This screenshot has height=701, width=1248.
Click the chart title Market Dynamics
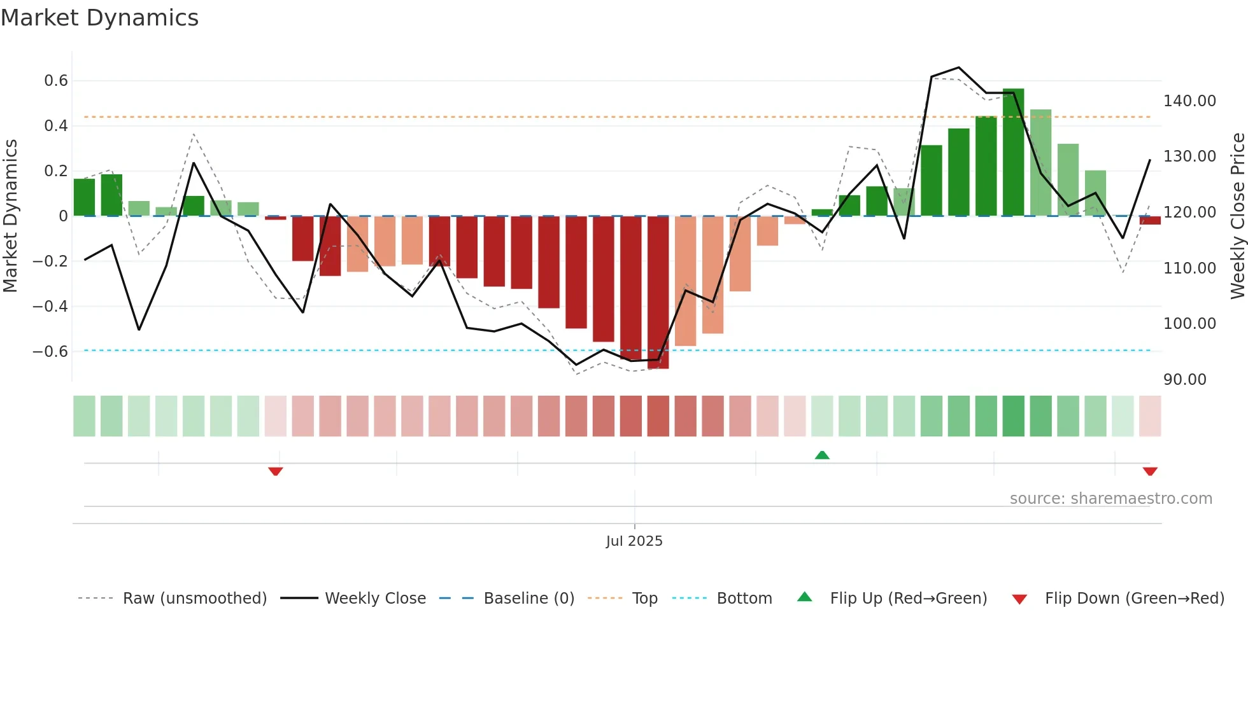[100, 18]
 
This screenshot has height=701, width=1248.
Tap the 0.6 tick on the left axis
[56, 81]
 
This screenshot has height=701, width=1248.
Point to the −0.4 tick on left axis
[50, 306]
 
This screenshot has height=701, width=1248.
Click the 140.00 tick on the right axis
[1189, 101]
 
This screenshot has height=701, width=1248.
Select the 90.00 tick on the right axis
[1185, 380]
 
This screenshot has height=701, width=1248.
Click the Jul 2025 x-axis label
[634, 541]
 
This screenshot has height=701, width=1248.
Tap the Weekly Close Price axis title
[1237, 216]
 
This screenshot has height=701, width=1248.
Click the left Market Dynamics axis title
[10, 216]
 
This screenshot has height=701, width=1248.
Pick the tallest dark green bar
[1013, 153]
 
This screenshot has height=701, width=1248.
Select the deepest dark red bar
[658, 293]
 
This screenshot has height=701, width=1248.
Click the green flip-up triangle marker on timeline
[822, 455]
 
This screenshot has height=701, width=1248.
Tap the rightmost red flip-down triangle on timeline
[1150, 471]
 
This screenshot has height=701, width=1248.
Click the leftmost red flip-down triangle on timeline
[276, 471]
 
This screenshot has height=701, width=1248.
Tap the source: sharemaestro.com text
[1111, 499]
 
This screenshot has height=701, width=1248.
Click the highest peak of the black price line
[959, 67]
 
